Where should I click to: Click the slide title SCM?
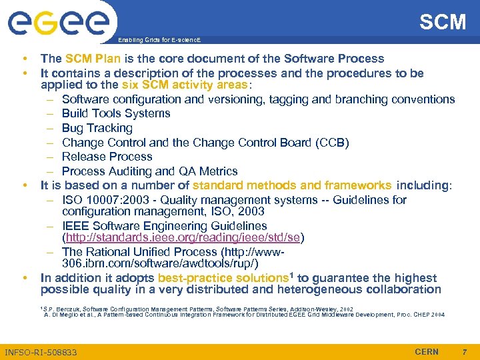[x=443, y=22]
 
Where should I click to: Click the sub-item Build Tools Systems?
[x=116, y=113]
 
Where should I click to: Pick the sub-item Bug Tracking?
[x=97, y=128]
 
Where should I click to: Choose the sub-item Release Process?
[x=107, y=157]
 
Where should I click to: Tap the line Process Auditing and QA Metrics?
[x=149, y=171]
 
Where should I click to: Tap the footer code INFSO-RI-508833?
[x=41, y=352]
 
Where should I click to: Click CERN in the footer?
[x=427, y=351]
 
